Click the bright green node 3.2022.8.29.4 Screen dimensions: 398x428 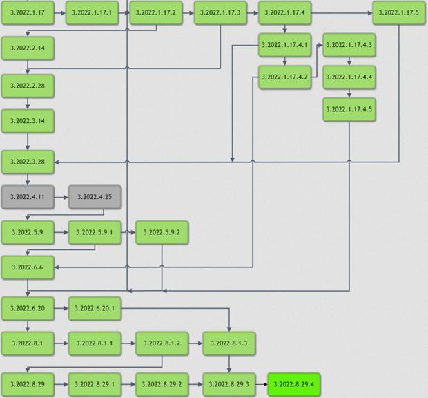(x=293, y=383)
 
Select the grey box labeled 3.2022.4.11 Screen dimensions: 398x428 (x=27, y=197)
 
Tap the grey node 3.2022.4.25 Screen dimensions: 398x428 (x=95, y=197)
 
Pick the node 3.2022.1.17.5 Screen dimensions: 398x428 (x=399, y=13)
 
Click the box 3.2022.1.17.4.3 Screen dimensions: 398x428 (x=349, y=45)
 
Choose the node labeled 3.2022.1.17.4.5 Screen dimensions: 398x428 (x=349, y=109)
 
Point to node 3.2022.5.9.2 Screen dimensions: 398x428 (x=162, y=233)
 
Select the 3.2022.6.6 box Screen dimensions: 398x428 (x=27, y=267)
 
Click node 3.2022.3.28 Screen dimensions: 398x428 (x=27, y=161)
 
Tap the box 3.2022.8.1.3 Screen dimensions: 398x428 (x=229, y=343)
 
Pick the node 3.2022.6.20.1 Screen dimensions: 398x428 (x=95, y=308)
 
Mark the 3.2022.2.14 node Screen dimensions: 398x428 (x=27, y=48)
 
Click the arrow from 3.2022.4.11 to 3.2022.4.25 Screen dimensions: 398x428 (x=61, y=197)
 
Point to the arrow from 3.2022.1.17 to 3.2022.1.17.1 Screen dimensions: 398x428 (x=59, y=13)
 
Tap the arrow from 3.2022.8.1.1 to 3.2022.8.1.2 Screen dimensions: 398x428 (x=128, y=343)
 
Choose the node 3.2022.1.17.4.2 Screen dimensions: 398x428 (x=284, y=77)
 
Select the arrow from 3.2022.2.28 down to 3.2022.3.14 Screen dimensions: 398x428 (x=27, y=103)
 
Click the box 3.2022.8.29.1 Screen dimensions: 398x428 (x=95, y=383)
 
